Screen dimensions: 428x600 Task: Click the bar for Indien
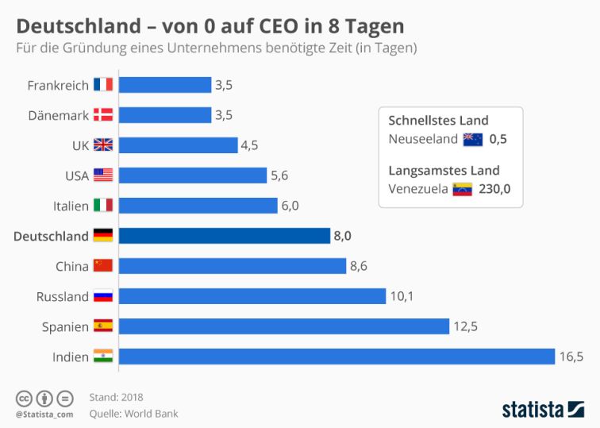pyautogui.click(x=337, y=357)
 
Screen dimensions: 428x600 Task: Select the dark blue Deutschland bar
pyautogui.click(x=225, y=236)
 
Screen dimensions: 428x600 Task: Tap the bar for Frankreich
pyautogui.click(x=165, y=85)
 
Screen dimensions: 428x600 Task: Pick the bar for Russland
pyautogui.click(x=252, y=296)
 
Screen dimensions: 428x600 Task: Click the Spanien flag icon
pyautogui.click(x=103, y=326)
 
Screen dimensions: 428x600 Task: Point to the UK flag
pyautogui.click(x=103, y=145)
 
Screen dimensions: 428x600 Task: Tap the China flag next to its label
pyautogui.click(x=103, y=266)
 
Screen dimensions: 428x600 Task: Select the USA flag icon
pyautogui.click(x=103, y=175)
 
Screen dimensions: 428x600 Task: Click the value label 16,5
pyautogui.click(x=571, y=357)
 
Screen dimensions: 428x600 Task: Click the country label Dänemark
pyautogui.click(x=59, y=115)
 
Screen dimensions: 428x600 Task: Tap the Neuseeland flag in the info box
pyautogui.click(x=473, y=140)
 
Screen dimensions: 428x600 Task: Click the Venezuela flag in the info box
pyautogui.click(x=462, y=190)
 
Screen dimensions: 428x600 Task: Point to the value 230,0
pyautogui.click(x=495, y=190)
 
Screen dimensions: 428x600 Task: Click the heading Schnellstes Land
pyautogui.click(x=438, y=121)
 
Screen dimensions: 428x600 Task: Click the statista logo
pyautogui.click(x=542, y=409)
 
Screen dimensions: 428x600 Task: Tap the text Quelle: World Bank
pyautogui.click(x=133, y=414)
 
